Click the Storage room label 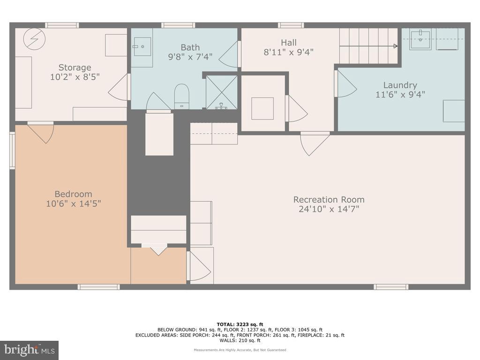tap(75, 67)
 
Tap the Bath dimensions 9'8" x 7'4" tap(190, 57)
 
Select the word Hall tap(289, 43)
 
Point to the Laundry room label tap(400, 85)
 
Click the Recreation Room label tap(329, 199)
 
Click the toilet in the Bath tap(181, 96)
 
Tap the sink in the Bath tap(142, 46)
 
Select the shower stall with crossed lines tap(222, 92)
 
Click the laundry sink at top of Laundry tap(420, 39)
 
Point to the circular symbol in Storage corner tap(34, 38)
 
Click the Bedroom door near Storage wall tap(41, 133)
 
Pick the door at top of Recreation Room tap(314, 143)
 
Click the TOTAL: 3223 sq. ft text tap(240, 324)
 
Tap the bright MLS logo tap(29, 350)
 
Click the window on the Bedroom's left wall tap(12, 150)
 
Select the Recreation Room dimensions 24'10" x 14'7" tap(329, 209)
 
